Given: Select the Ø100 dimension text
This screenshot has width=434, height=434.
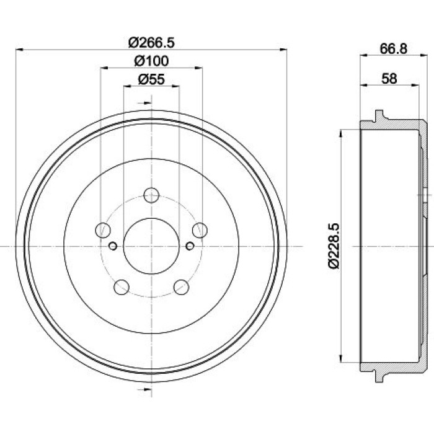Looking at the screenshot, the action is click(x=151, y=61).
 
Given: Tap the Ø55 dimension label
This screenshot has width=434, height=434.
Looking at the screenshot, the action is click(x=151, y=79).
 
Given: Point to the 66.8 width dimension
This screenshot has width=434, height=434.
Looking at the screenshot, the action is click(x=393, y=49).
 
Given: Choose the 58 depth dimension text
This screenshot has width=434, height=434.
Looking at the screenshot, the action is click(x=389, y=79).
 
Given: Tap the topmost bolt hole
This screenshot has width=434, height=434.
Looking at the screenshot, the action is click(x=151, y=195).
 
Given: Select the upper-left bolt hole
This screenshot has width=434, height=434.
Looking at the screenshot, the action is click(x=103, y=230).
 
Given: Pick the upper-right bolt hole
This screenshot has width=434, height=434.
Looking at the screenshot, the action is click(x=200, y=230).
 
